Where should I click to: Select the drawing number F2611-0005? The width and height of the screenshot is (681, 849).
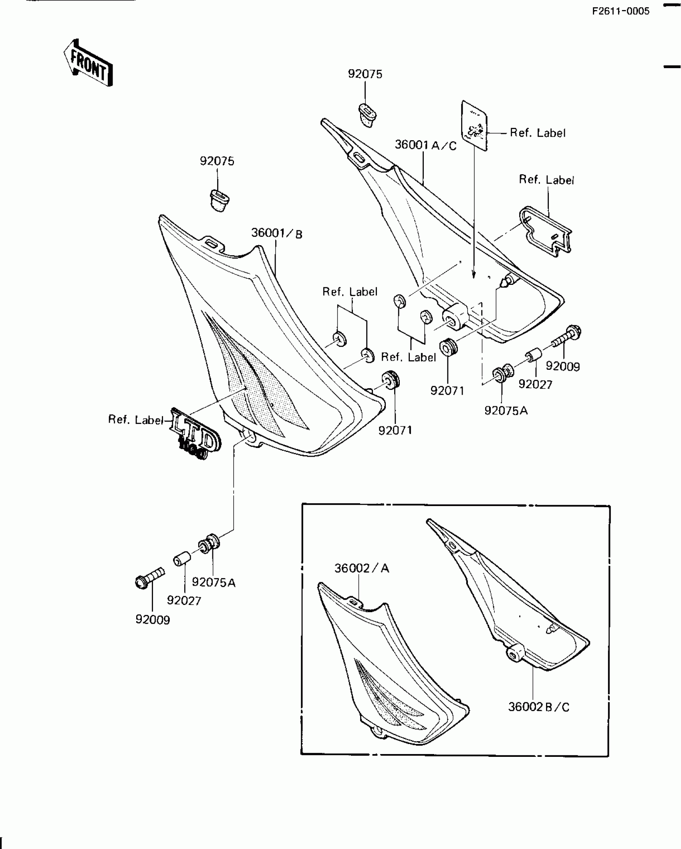(x=621, y=11)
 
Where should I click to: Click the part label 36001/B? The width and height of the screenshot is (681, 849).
(x=276, y=233)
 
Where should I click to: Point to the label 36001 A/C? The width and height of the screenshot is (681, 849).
(x=425, y=145)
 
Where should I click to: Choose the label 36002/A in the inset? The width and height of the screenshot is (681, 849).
(x=361, y=568)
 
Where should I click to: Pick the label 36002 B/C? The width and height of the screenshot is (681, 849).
(x=538, y=707)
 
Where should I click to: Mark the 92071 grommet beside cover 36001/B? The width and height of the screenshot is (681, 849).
(x=390, y=379)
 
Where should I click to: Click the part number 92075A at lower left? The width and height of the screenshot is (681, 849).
(x=214, y=583)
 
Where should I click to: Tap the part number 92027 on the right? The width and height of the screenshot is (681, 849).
(x=535, y=384)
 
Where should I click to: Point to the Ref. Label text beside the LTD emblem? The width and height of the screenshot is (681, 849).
(x=136, y=420)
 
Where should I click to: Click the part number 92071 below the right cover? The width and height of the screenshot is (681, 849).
(x=447, y=390)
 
